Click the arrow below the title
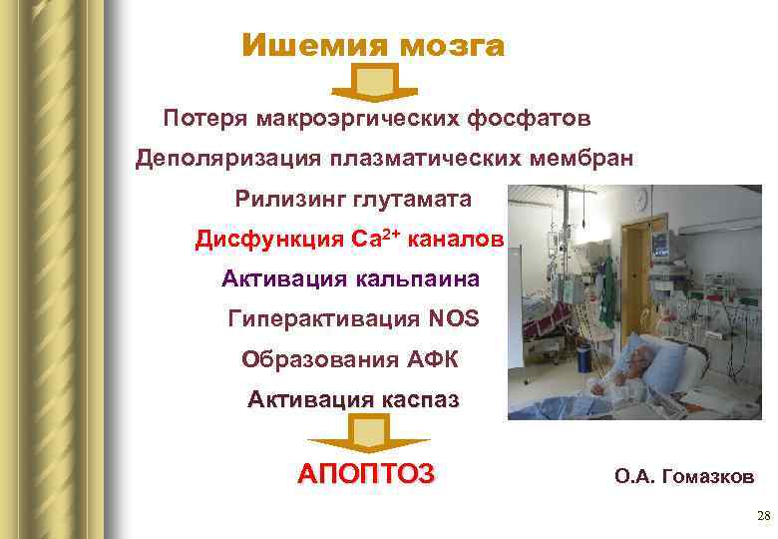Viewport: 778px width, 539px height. pyautogui.click(x=373, y=82)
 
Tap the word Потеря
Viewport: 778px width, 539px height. pyautogui.click(x=206, y=120)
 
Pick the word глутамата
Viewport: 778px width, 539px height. pyautogui.click(x=412, y=200)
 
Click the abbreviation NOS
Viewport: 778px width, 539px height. pyautogui.click(x=454, y=319)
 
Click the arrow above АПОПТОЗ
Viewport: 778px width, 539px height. pyautogui.click(x=368, y=434)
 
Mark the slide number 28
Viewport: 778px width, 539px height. pyautogui.click(x=763, y=516)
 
